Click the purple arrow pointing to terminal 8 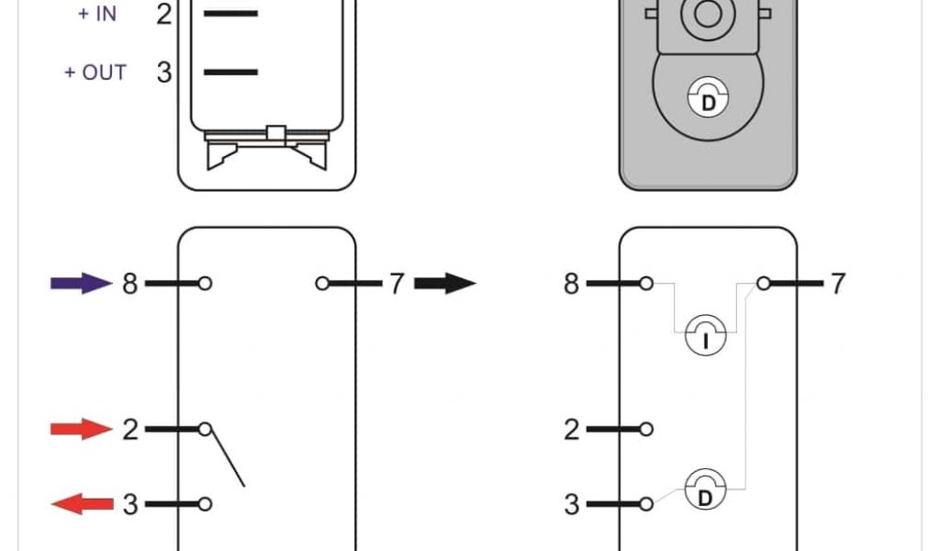[x=81, y=283]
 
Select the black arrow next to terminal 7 [x=445, y=283]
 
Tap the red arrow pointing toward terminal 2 [x=81, y=428]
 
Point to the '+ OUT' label [x=95, y=73]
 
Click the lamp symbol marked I [x=706, y=338]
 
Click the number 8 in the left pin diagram [x=129, y=284]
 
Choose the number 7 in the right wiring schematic [x=837, y=284]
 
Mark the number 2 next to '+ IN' [x=164, y=15]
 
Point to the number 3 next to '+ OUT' [x=164, y=73]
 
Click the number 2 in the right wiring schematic [x=572, y=429]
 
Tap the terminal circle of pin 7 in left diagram [x=322, y=284]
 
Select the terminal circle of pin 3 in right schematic [x=647, y=503]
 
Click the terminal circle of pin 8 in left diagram [x=205, y=284]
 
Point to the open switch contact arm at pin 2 [x=226, y=457]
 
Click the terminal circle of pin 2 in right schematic [x=647, y=429]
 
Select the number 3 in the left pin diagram [x=129, y=504]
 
